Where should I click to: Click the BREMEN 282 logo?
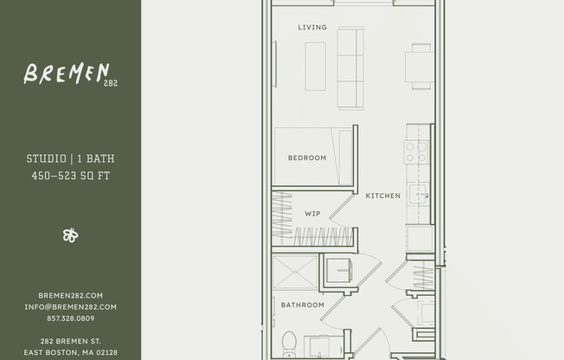pyautogui.click(x=69, y=74)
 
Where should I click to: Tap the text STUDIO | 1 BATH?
pyautogui.click(x=70, y=159)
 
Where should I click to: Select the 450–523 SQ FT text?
pyautogui.click(x=70, y=176)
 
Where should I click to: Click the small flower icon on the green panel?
pyautogui.click(x=70, y=235)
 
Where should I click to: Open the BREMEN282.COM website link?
pyautogui.click(x=70, y=295)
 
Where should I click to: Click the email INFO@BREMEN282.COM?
pyautogui.click(x=70, y=306)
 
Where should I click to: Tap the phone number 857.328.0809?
pyautogui.click(x=70, y=318)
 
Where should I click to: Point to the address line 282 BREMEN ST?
pyautogui.click(x=70, y=341)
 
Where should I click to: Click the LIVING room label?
pyautogui.click(x=312, y=28)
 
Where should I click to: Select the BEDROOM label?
pyautogui.click(x=307, y=157)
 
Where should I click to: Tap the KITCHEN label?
pyautogui.click(x=382, y=196)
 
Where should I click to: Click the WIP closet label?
pyautogui.click(x=312, y=213)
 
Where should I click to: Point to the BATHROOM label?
pyautogui.click(x=303, y=305)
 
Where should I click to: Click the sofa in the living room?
pyautogui.click(x=350, y=67)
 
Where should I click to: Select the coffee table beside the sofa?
pyautogui.click(x=315, y=66)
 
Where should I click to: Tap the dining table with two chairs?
pyautogui.click(x=420, y=67)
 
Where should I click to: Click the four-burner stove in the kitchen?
pyautogui.click(x=417, y=152)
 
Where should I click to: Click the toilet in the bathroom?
pyautogui.click(x=289, y=342)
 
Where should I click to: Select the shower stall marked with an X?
pyautogui.click(x=294, y=272)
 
